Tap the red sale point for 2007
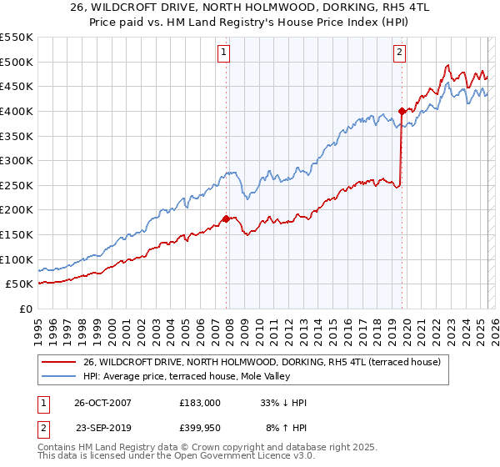[x=226, y=218]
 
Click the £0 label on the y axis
[x=25, y=309]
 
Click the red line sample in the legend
[x=58, y=361]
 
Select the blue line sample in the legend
[x=58, y=376]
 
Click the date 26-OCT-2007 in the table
[x=103, y=403]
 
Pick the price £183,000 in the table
[x=199, y=403]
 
